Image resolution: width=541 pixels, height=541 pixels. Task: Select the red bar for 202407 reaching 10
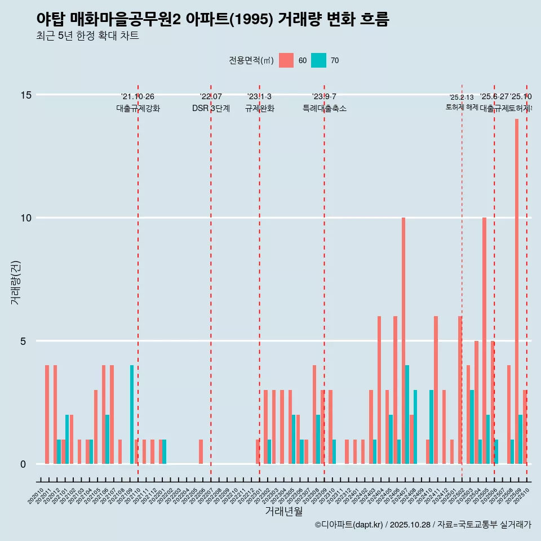coord(403,340)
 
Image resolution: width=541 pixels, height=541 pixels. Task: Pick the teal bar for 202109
coord(132,414)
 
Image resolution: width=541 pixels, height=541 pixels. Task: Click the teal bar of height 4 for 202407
coord(407,414)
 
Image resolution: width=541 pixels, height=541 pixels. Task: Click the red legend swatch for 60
coord(286,60)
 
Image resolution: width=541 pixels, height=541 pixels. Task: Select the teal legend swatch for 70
coord(318,60)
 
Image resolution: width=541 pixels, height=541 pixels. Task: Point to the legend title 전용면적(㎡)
coord(251,60)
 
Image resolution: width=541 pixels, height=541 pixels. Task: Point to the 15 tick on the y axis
coord(26,95)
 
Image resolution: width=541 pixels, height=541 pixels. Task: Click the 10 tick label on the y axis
coord(26,218)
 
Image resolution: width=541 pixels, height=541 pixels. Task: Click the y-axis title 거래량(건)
coord(15,282)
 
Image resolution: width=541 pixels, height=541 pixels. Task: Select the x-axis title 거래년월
coord(284,512)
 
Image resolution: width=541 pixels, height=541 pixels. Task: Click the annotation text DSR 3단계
coord(211,109)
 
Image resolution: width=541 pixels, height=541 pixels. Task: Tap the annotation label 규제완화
coord(259,109)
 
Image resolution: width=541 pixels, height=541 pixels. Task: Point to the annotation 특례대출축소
coord(324,109)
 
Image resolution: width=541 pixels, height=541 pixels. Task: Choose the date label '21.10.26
coord(138,97)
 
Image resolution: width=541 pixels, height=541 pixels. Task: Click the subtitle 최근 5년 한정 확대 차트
coord(87,36)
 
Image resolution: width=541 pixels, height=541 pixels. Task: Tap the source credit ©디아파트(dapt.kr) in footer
coord(349,525)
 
